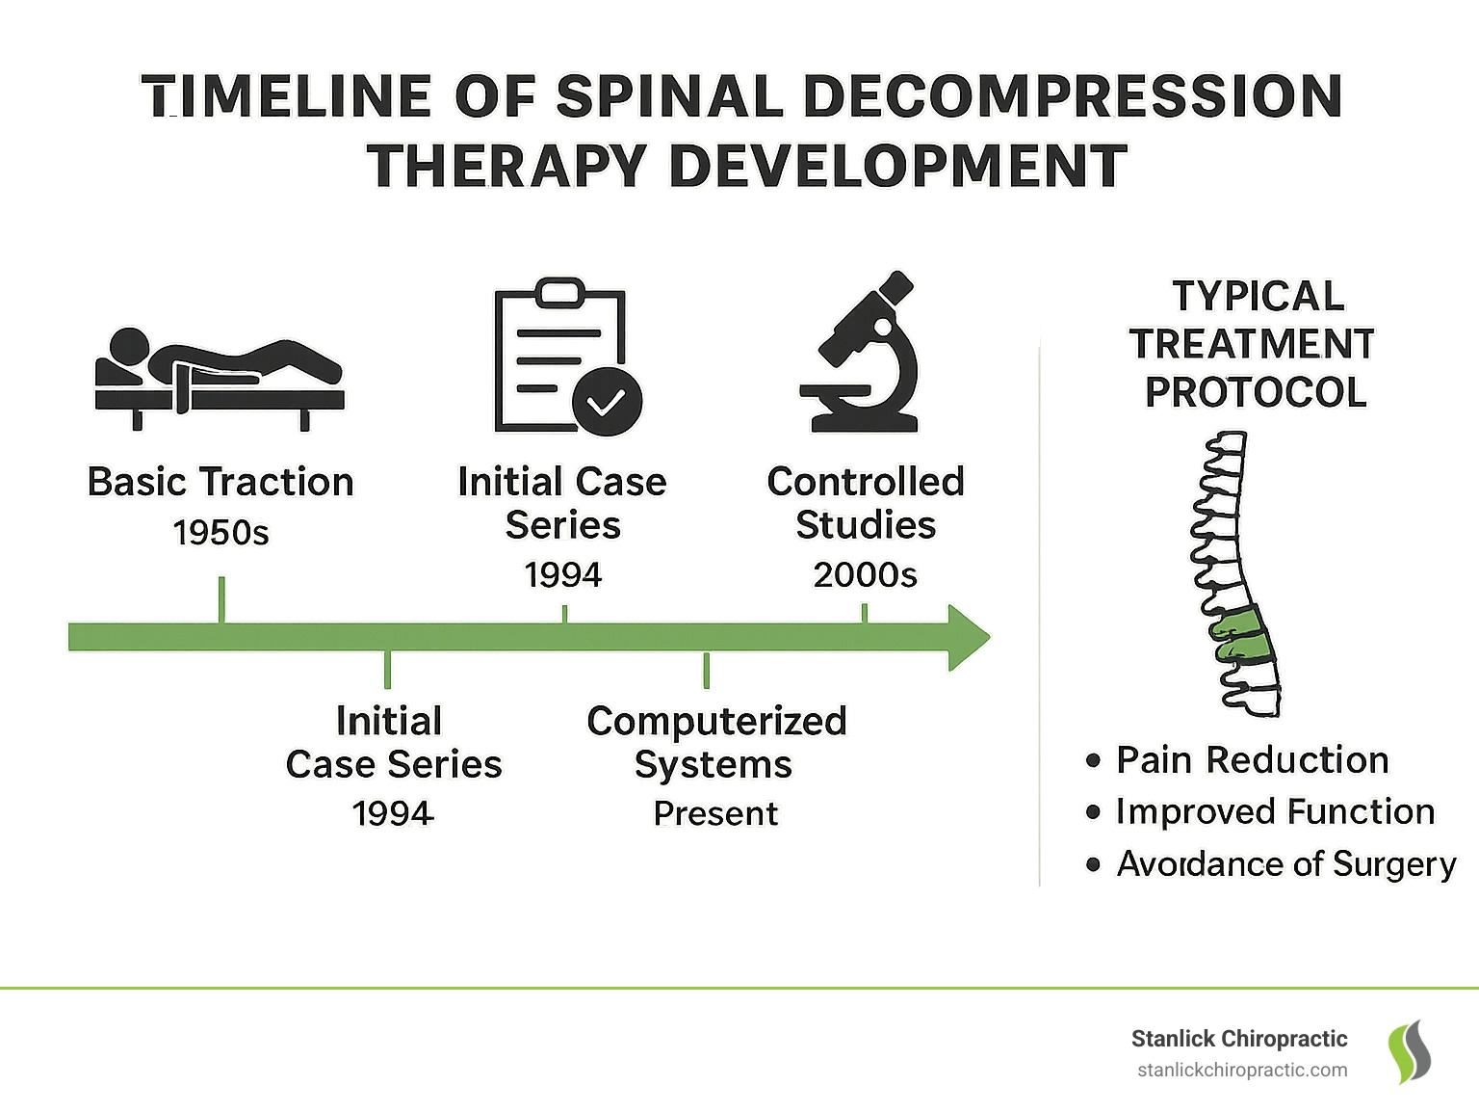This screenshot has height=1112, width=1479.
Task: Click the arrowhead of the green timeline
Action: coord(968,637)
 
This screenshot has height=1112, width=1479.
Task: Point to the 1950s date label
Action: coord(221,533)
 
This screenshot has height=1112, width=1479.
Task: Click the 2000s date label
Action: coord(865,575)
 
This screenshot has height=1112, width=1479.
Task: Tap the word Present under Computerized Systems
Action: coord(715,814)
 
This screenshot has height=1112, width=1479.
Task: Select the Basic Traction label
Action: coord(221,482)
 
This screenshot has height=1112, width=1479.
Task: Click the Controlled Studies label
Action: coord(866,503)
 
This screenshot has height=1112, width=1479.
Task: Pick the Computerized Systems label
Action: coord(716,742)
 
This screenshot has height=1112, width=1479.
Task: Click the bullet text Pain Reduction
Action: coord(1252,760)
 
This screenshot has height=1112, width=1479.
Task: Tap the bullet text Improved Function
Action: coord(1275,812)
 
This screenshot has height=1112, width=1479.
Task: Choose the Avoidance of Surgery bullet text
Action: coord(1285,864)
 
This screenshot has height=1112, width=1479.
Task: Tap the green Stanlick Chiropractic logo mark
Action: coord(1409,1051)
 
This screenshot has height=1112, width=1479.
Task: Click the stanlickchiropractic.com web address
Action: coord(1242,1071)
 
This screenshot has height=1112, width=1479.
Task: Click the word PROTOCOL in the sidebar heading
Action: coord(1256,392)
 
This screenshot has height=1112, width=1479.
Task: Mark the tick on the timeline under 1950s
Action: coord(222,599)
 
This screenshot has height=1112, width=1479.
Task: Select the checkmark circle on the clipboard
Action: coord(607,401)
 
